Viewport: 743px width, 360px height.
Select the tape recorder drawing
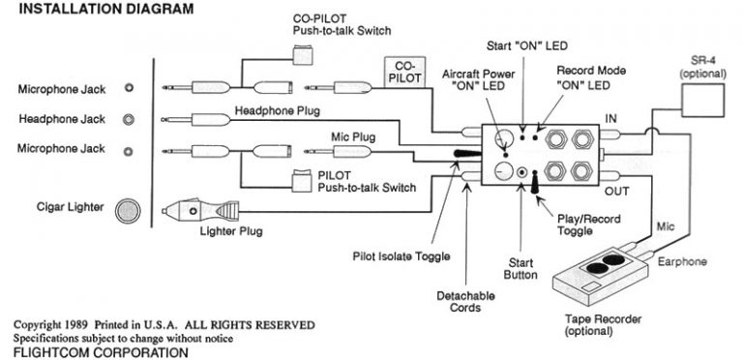pyautogui.click(x=596, y=281)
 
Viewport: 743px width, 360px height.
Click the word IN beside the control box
pyautogui.click(x=610, y=117)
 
